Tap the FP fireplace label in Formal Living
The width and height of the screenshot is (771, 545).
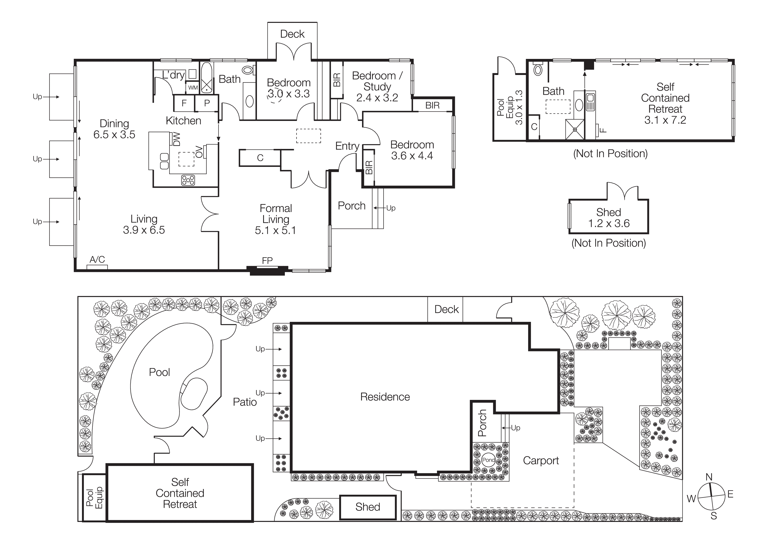point(267,260)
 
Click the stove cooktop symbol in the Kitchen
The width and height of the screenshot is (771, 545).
point(188,180)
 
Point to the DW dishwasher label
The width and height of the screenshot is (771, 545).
point(177,139)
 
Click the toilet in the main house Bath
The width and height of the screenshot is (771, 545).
point(248,70)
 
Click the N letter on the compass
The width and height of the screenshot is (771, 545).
point(709,477)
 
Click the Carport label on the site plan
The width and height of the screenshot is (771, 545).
point(541,460)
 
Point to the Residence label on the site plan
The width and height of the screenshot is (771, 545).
point(385,397)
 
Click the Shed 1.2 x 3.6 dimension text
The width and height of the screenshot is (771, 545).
point(609,223)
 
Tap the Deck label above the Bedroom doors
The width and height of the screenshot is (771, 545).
point(292,34)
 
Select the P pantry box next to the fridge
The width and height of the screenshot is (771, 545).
point(207,103)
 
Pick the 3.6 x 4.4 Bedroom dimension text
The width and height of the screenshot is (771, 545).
point(412,155)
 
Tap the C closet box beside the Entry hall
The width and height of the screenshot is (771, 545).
point(260,158)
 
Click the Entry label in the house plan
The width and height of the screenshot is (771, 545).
point(347,146)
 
